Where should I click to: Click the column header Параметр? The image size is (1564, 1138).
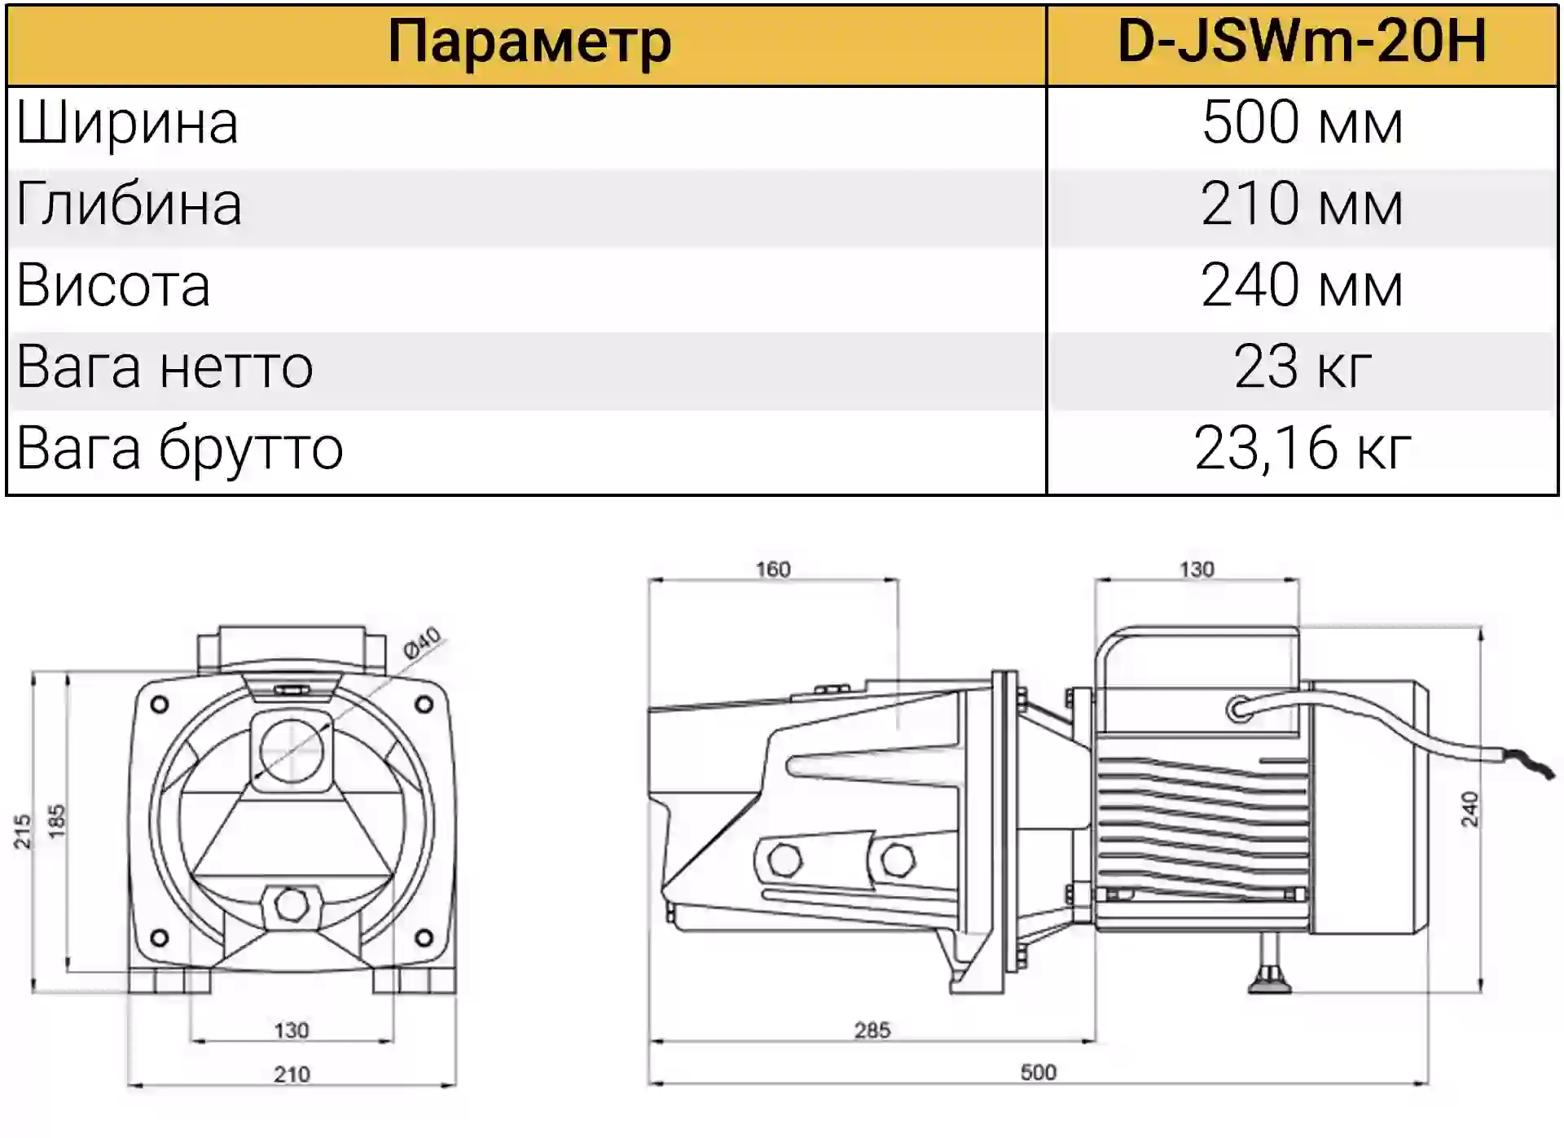[x=529, y=42]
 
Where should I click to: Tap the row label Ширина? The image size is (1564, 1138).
[x=127, y=124]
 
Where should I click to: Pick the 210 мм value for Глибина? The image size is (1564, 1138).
[x=1302, y=204]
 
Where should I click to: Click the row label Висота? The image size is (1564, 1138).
[x=113, y=286]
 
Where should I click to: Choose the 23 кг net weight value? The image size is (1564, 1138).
[x=1302, y=367]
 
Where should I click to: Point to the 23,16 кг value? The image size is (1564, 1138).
[x=1302, y=448]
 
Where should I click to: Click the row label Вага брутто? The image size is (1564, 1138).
[x=180, y=450]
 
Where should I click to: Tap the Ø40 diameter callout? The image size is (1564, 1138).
[x=422, y=642]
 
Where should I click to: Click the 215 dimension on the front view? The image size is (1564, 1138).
[x=22, y=831]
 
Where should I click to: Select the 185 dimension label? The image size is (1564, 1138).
[x=55, y=821]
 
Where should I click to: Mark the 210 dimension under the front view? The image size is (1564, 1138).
[x=292, y=1074]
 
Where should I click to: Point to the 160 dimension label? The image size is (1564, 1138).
[x=773, y=569]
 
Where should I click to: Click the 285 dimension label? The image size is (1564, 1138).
[x=872, y=1030]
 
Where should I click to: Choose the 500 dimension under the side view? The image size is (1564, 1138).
[x=1039, y=1073]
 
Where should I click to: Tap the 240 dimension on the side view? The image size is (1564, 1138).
[x=1470, y=809]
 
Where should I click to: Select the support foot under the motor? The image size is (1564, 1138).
[x=1270, y=965]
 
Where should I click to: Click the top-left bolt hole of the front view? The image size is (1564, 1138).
[x=160, y=704]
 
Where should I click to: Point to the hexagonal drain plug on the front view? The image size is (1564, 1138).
[x=291, y=903]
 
